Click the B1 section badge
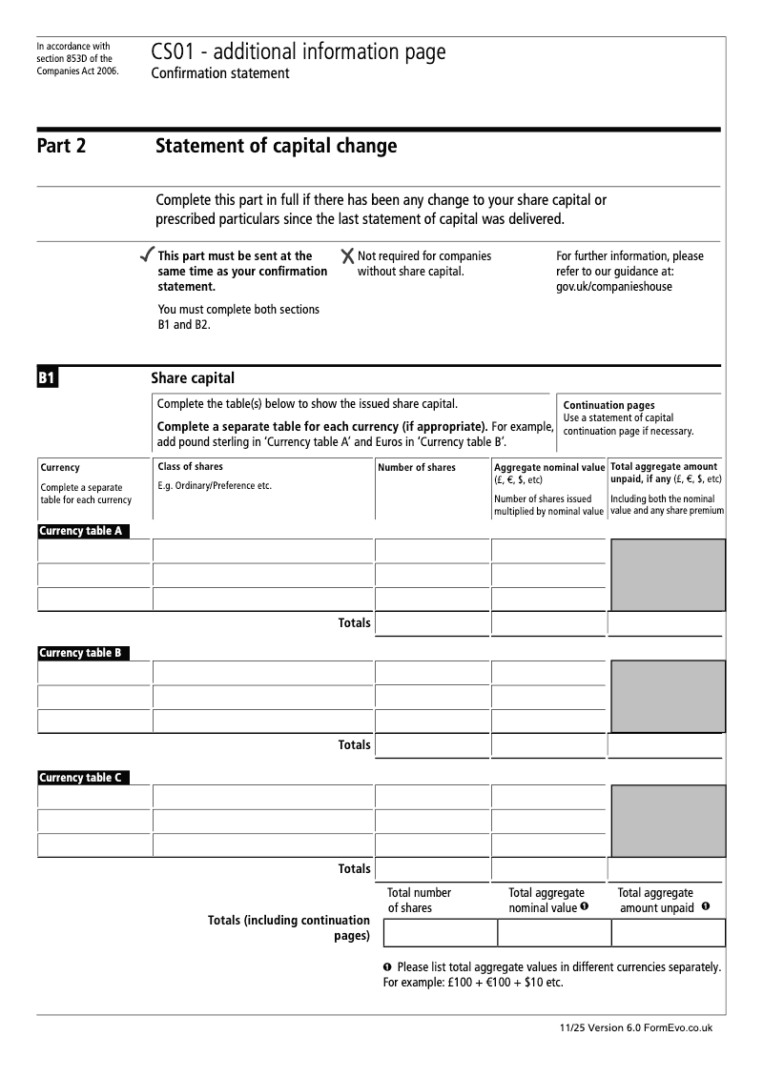pyautogui.click(x=48, y=378)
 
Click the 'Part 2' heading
pyautogui.click(x=61, y=147)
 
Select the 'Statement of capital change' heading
pyautogui.click(x=276, y=147)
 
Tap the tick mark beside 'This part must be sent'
pyautogui.click(x=146, y=255)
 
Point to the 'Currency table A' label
pyautogui.click(x=81, y=531)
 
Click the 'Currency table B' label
pyautogui.click(x=81, y=653)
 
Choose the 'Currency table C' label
pyautogui.click(x=81, y=778)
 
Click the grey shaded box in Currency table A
pyautogui.click(x=668, y=575)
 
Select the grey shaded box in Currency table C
pyautogui.click(x=668, y=821)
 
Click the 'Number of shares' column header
pyautogui.click(x=417, y=468)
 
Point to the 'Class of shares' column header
pyautogui.click(x=190, y=467)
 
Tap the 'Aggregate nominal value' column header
pyautogui.click(x=549, y=468)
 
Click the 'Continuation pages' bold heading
pyautogui.click(x=608, y=405)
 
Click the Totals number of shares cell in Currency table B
pyautogui.click(x=433, y=745)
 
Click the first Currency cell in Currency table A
pyautogui.click(x=94, y=551)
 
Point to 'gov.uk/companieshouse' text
pyautogui.click(x=613, y=287)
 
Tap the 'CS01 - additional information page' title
pyautogui.click(x=298, y=52)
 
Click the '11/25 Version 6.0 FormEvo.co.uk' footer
pyautogui.click(x=636, y=1027)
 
